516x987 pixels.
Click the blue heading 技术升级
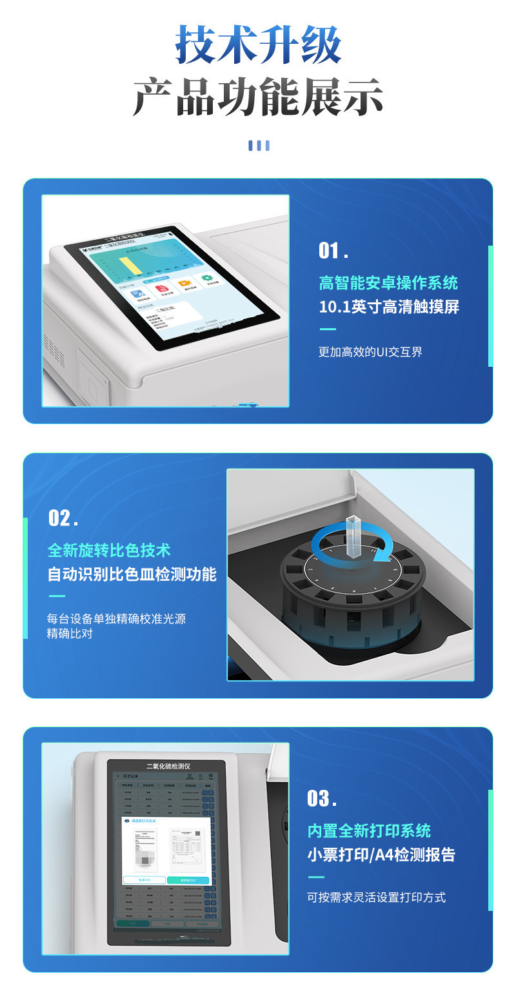pos(258,45)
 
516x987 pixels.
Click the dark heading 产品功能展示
pos(258,97)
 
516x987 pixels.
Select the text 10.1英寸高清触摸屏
pos(389,307)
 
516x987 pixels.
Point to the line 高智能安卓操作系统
pos(388,282)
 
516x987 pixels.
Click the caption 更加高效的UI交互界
pos(370,352)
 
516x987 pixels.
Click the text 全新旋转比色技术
pos(109,550)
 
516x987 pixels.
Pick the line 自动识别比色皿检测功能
pos(132,574)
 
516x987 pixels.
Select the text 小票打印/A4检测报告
pos(381,855)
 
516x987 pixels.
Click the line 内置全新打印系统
pos(369,830)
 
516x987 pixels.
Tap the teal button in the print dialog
pos(188,880)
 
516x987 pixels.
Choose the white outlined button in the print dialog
pos(143,880)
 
